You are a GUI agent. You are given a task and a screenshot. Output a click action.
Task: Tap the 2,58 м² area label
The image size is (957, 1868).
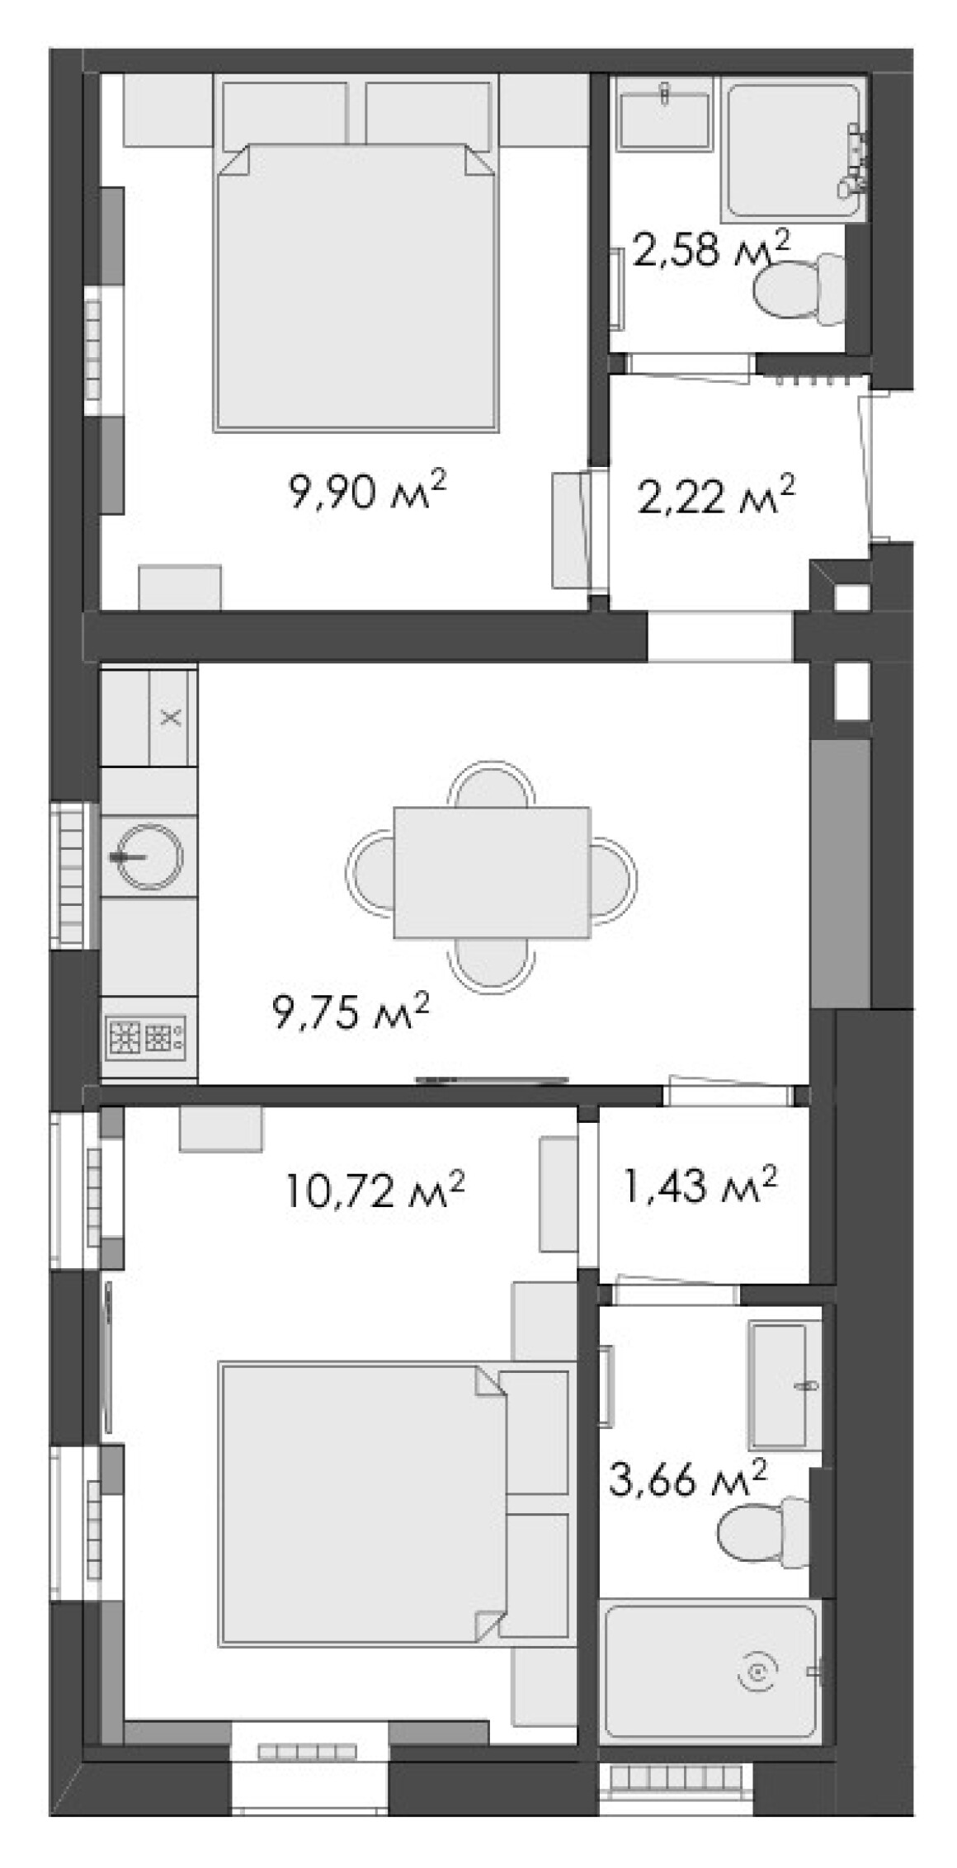[x=710, y=250]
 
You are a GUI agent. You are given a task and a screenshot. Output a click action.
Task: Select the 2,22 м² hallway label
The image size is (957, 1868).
[x=716, y=496]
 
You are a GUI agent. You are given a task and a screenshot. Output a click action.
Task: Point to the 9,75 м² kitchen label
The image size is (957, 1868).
[x=350, y=1012]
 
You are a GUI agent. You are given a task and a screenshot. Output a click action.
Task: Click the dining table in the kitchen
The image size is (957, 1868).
[x=492, y=873]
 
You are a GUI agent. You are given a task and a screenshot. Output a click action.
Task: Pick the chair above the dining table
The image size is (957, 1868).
[x=492, y=784]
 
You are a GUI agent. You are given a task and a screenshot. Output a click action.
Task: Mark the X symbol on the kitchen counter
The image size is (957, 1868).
[x=171, y=716]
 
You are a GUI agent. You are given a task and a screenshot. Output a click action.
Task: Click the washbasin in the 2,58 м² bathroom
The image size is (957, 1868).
[x=665, y=120]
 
